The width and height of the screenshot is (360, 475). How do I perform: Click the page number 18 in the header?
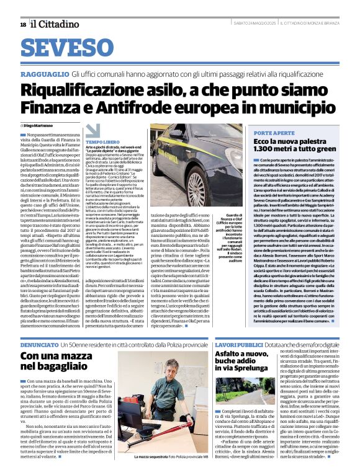[x=23, y=24]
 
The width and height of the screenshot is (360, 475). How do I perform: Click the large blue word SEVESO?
[x=74, y=48]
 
